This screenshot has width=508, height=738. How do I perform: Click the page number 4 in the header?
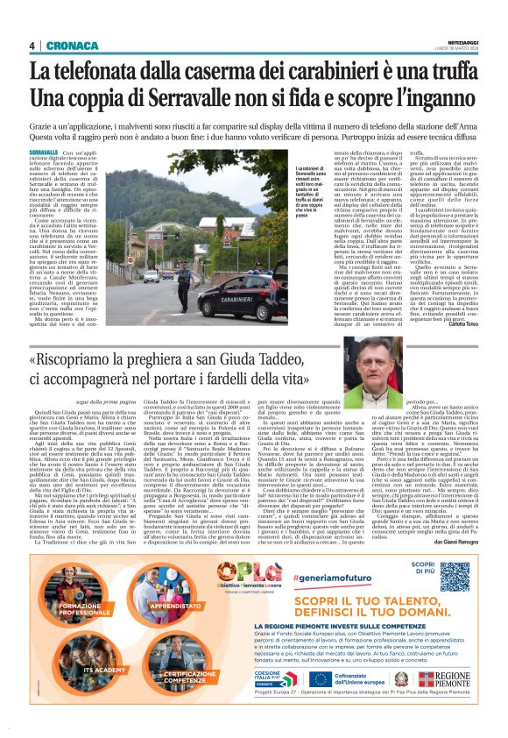tap(32, 46)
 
